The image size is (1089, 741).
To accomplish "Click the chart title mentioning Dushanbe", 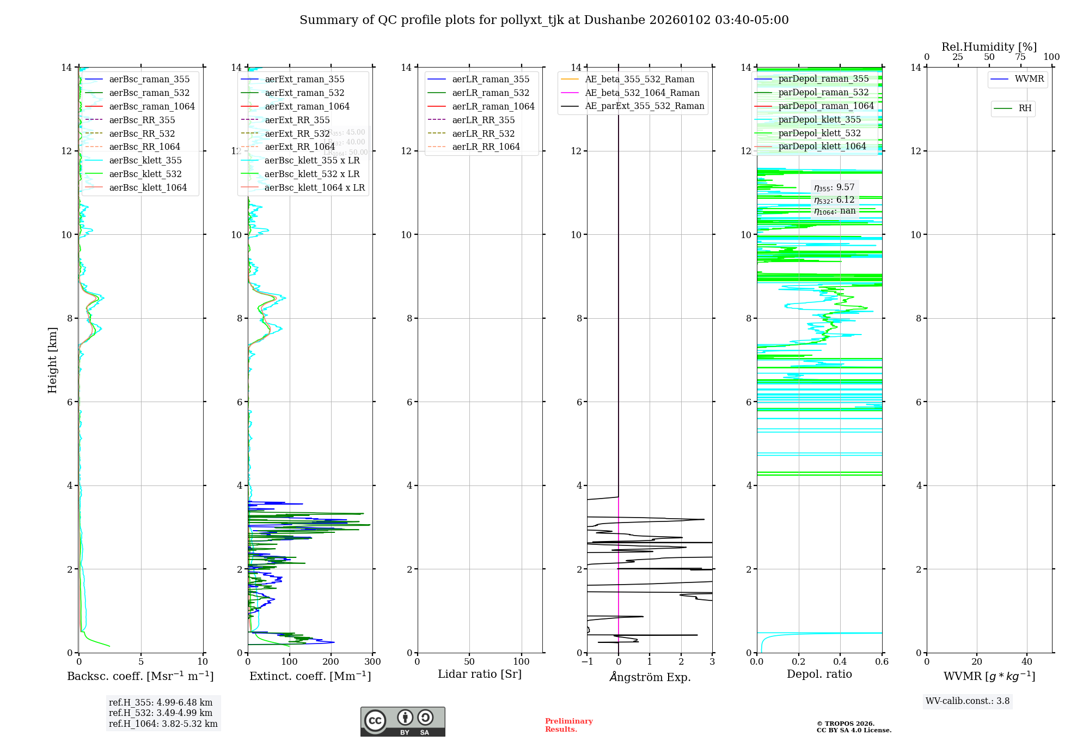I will [544, 20].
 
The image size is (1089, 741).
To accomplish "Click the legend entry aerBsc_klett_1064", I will [148, 187].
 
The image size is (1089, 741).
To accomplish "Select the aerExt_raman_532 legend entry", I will [304, 93].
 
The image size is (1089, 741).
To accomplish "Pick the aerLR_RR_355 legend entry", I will [483, 120].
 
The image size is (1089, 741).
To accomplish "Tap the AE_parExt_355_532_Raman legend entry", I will [644, 106].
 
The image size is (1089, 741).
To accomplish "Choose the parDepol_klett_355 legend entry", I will [819, 119].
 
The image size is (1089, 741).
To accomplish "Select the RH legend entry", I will [1025, 108].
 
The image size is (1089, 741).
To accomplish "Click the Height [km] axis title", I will [52, 360].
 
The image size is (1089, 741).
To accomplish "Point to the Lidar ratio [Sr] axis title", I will [480, 675].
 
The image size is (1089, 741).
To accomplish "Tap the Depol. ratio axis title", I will [819, 675].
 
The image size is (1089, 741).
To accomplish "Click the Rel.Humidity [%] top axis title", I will [989, 47].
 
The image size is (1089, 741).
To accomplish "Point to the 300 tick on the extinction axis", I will [372, 662].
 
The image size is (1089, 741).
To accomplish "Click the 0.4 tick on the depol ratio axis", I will [840, 662].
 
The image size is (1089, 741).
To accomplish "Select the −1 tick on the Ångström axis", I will [586, 662].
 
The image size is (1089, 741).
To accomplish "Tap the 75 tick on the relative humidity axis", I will [1020, 57].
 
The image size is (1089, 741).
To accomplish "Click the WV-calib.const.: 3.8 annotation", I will [967, 701].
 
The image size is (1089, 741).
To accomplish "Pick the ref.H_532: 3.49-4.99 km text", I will [161, 713].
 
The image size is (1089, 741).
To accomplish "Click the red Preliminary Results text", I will [568, 725].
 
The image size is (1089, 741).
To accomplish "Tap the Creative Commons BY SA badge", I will [402, 722].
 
